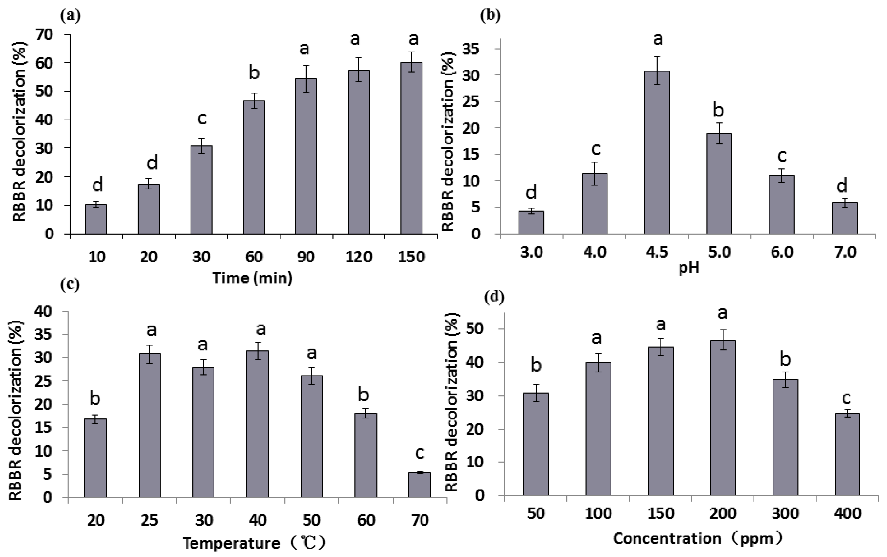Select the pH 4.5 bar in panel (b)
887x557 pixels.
coord(657,152)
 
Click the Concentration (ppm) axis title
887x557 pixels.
coord(698,539)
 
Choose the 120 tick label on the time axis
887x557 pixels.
coord(358,257)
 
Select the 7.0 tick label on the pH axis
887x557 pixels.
coord(845,253)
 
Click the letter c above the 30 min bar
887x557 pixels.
coord(202,119)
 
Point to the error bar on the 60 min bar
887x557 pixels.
coord(254,101)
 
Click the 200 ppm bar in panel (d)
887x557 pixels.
coord(723,418)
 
